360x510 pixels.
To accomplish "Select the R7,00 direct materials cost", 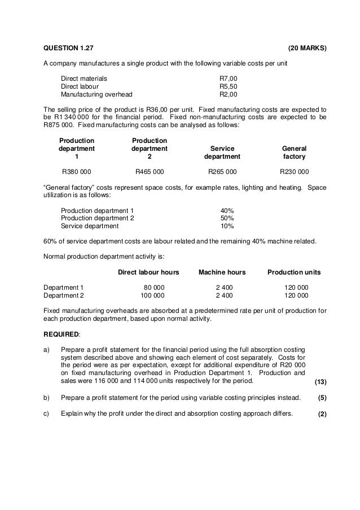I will pos(229,78).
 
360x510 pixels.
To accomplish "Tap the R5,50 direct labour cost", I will pos(229,86).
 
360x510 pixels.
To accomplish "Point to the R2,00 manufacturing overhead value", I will pos(229,95).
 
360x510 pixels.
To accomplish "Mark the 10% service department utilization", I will pos(227,226).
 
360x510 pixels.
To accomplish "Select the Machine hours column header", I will pos(222,272).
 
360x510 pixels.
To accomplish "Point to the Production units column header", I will pos(294,272).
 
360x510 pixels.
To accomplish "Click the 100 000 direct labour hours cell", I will pos(152,295).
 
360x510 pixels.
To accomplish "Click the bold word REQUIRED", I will pos(62,334).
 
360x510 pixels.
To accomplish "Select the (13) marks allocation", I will pos(321,382).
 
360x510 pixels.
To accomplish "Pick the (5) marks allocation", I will pos(322,398).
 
